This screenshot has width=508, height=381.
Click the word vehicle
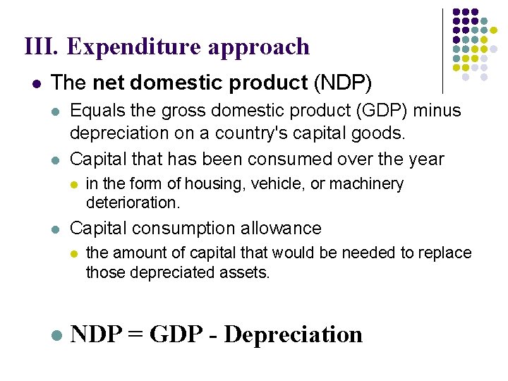(272, 185)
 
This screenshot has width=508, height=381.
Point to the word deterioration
(133, 203)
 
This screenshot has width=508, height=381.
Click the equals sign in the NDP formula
(133, 334)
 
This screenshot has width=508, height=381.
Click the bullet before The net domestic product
(36, 84)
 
